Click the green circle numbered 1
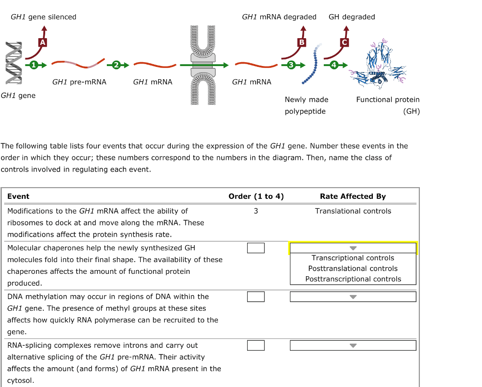(x=33, y=65)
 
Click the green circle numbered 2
(x=117, y=65)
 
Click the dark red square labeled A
(x=43, y=42)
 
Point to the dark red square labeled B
(x=302, y=42)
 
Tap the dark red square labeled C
(x=345, y=42)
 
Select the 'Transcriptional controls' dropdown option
(x=353, y=258)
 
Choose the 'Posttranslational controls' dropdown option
(x=353, y=268)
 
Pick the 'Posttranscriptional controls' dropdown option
(x=353, y=279)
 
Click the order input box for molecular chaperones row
(x=256, y=248)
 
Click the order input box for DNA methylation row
(x=256, y=296)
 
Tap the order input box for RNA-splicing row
(x=256, y=346)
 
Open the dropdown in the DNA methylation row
(x=353, y=296)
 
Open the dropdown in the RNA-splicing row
(x=353, y=346)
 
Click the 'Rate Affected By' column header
(x=353, y=197)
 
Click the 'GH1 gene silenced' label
(x=43, y=17)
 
